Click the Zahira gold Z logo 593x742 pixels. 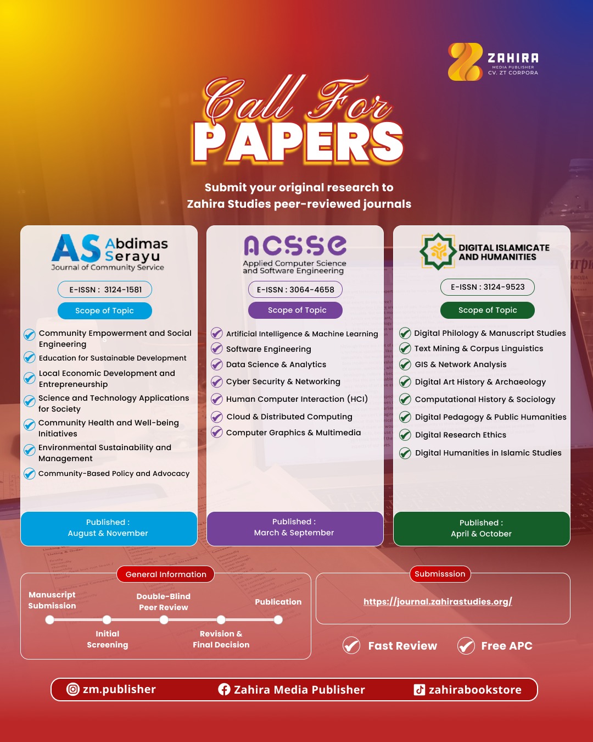tap(465, 62)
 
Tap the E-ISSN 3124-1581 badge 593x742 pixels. tap(105, 289)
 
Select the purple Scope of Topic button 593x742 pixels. tap(295, 310)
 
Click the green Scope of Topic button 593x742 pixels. tap(488, 310)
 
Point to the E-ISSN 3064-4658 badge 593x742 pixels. tap(295, 289)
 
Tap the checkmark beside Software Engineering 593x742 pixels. tap(217, 348)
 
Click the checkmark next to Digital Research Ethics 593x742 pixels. tap(405, 435)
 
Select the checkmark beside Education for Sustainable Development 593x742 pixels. tap(30, 358)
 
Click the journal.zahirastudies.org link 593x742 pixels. tap(438, 602)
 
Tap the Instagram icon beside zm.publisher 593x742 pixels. tap(72, 689)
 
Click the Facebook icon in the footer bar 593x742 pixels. tap(224, 689)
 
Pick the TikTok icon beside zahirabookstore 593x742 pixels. tap(419, 689)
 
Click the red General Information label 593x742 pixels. tap(166, 574)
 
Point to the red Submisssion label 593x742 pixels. tap(440, 574)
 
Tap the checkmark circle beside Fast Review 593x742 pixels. tap(351, 645)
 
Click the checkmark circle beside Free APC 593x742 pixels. tap(466, 645)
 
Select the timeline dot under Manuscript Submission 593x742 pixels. tap(49, 619)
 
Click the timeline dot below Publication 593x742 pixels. tap(278, 619)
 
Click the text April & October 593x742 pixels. tap(481, 533)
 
